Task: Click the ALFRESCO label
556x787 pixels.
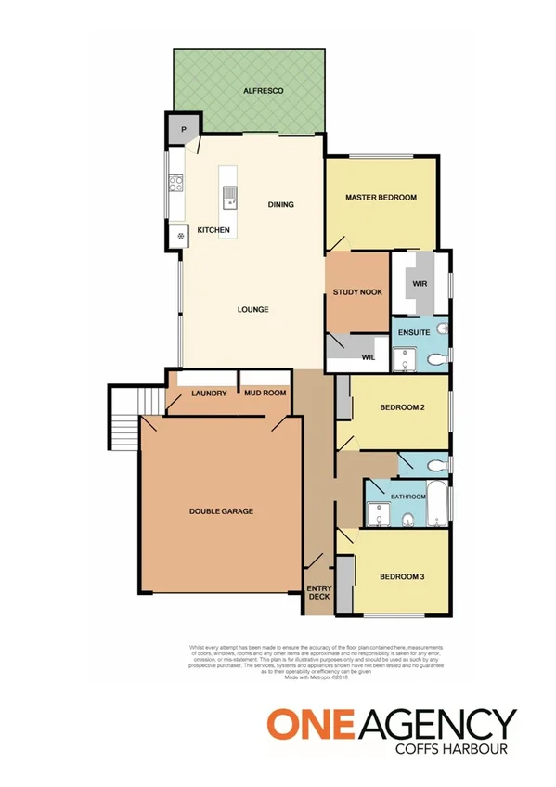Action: (263, 91)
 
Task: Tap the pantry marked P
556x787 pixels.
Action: (183, 130)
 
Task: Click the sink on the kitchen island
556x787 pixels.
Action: (228, 196)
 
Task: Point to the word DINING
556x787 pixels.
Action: (280, 204)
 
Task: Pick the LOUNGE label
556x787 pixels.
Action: (252, 309)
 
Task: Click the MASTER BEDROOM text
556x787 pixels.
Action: (381, 198)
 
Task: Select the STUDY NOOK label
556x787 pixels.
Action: (357, 292)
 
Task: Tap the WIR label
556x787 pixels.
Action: (420, 285)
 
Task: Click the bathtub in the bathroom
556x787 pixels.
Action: (436, 500)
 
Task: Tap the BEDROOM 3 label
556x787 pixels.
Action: (402, 577)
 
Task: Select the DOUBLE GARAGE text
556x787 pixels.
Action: (221, 511)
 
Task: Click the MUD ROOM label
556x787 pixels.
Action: (265, 393)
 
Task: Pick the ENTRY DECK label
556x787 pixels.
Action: (318, 591)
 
